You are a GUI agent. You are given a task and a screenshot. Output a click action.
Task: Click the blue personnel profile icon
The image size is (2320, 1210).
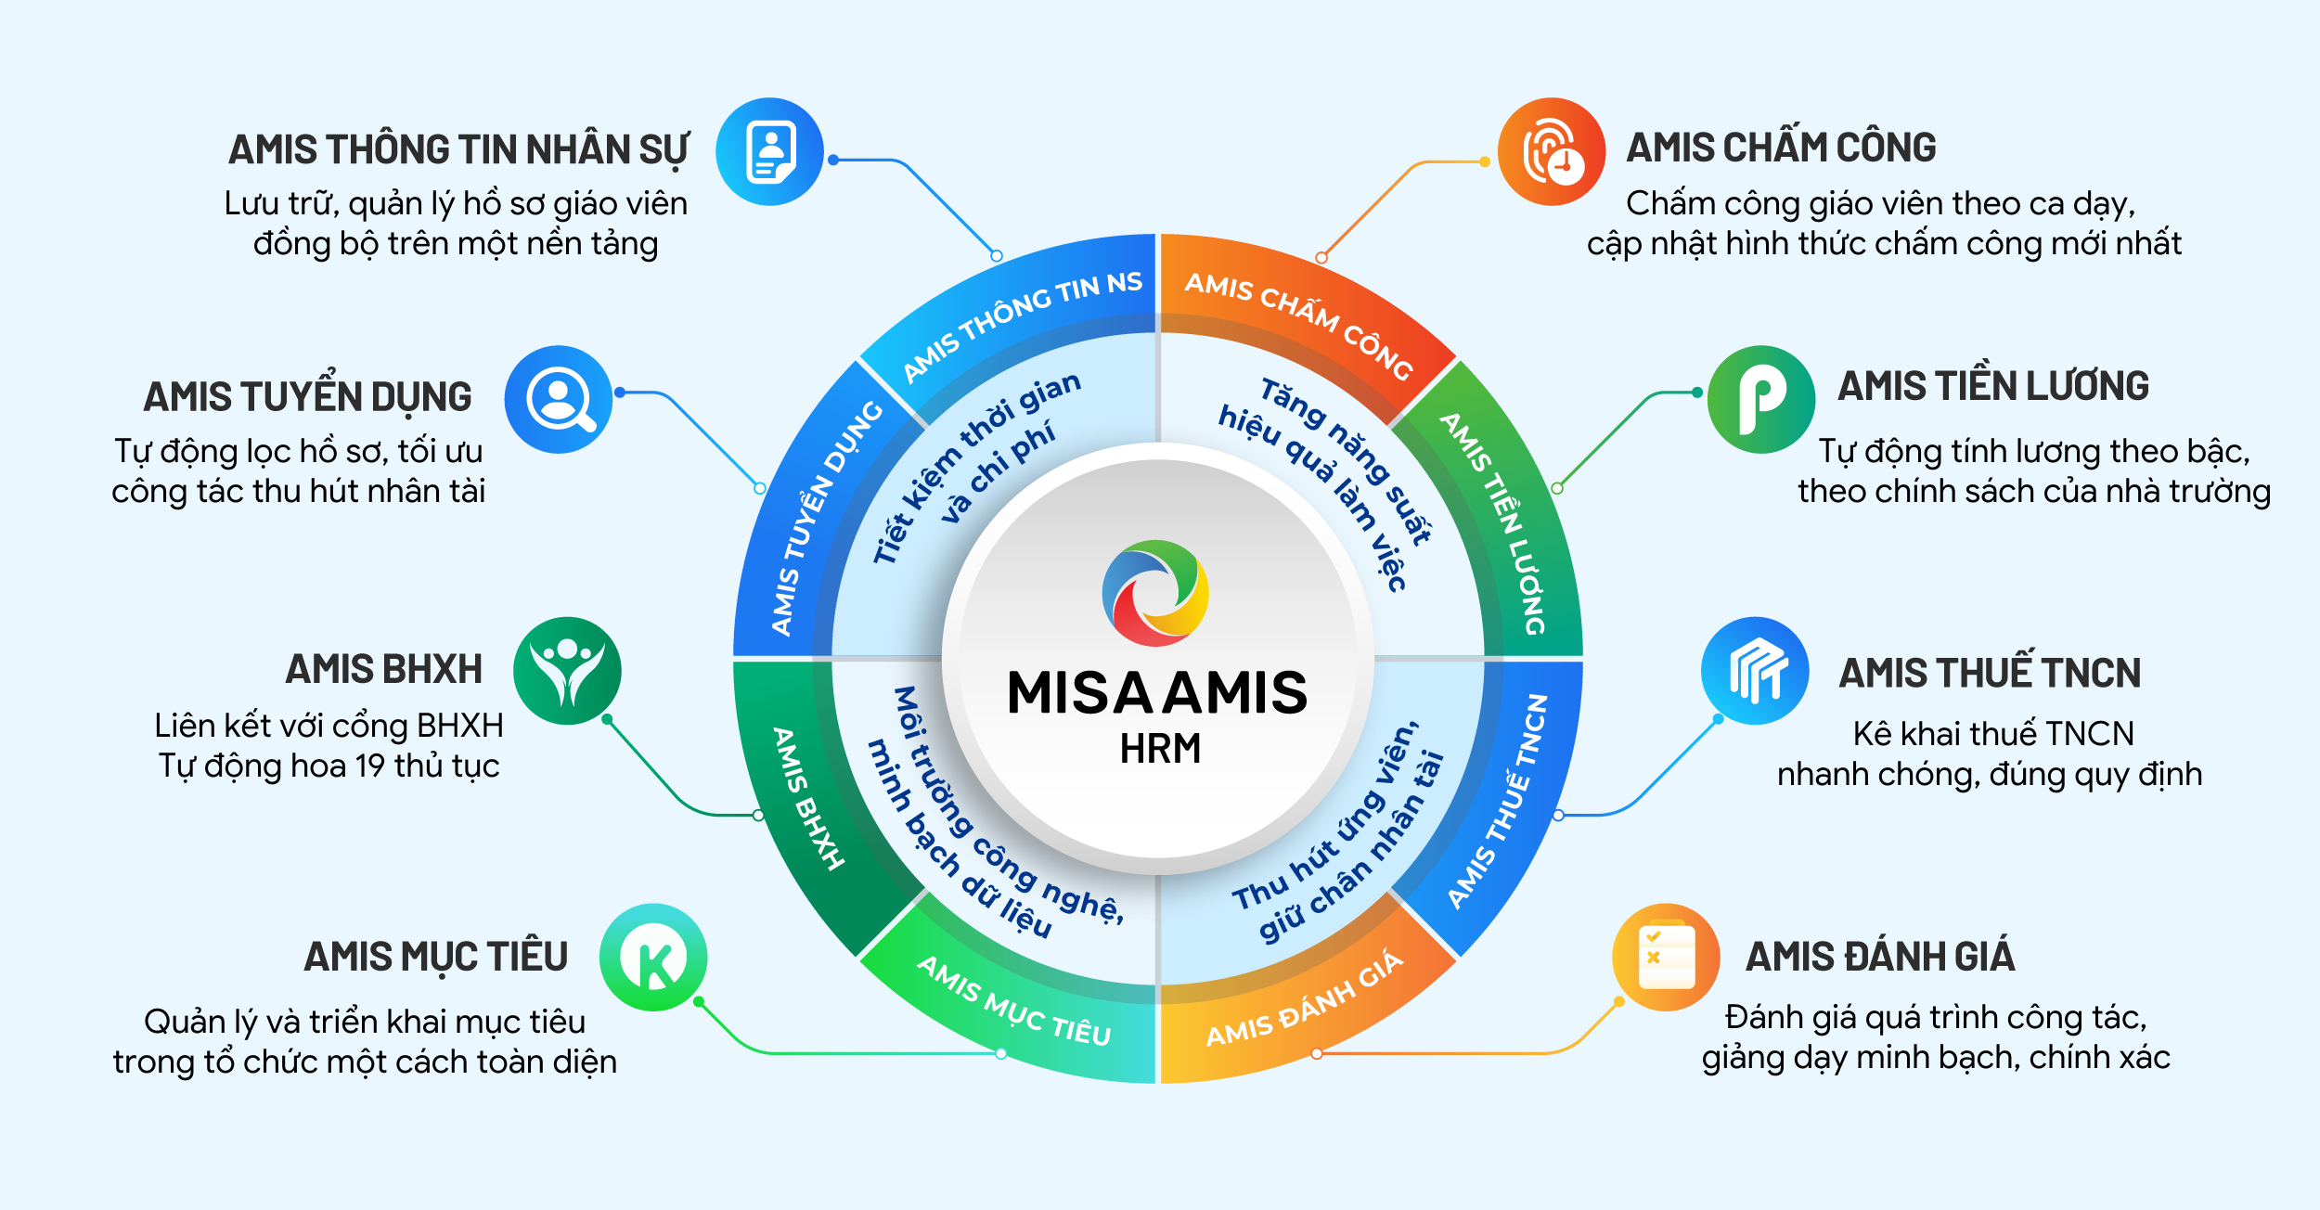click(x=769, y=151)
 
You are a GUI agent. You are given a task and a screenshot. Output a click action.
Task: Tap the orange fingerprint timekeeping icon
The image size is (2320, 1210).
click(x=1552, y=151)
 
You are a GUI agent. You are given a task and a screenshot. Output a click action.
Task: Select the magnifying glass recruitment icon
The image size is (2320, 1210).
click(x=559, y=400)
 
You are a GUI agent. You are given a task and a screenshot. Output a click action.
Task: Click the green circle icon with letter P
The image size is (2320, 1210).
click(x=1761, y=400)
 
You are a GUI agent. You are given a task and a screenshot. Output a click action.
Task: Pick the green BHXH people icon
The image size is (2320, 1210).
click(x=567, y=671)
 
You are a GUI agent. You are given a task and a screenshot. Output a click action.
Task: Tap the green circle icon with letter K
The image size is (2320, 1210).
click(x=653, y=958)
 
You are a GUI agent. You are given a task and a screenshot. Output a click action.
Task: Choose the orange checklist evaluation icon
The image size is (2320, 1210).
click(x=1667, y=958)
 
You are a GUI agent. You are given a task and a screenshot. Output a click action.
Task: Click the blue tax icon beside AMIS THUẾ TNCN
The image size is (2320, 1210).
click(x=1755, y=671)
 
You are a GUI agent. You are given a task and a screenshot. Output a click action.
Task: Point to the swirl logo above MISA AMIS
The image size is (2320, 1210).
click(x=1155, y=593)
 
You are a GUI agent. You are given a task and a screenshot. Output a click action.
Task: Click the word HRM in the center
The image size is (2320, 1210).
click(x=1160, y=749)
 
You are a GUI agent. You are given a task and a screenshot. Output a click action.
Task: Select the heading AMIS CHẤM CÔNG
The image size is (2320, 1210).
click(x=1781, y=148)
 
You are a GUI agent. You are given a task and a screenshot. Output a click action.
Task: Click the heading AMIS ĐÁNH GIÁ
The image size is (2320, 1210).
click(x=1880, y=956)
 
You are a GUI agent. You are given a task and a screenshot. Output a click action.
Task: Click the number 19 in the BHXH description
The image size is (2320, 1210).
click(x=370, y=766)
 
